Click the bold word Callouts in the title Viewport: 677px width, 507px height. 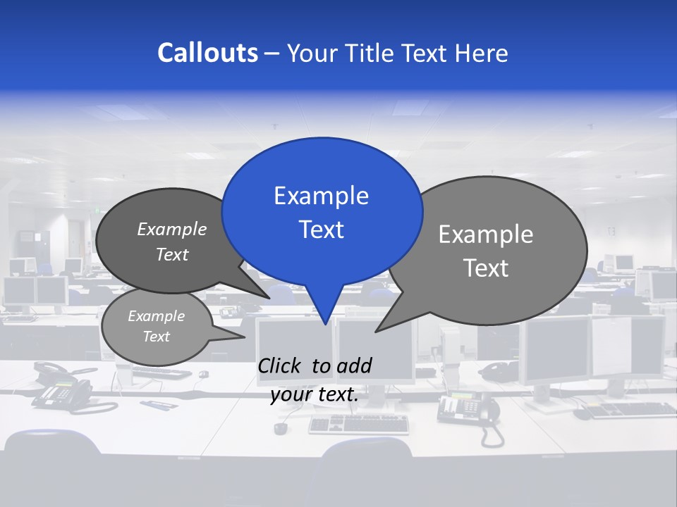pyautogui.click(x=207, y=53)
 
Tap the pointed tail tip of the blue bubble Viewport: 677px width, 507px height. pyautogui.click(x=325, y=324)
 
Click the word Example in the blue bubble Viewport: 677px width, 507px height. pyautogui.click(x=321, y=195)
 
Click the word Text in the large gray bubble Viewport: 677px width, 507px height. pyautogui.click(x=486, y=268)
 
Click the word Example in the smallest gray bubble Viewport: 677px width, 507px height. pyautogui.click(x=156, y=316)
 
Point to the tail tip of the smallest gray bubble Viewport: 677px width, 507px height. pyautogui.click(x=244, y=337)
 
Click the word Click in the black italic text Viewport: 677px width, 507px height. pyautogui.click(x=282, y=365)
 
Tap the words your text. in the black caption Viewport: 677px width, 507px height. pyautogui.click(x=315, y=394)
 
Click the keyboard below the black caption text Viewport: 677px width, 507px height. pyautogui.click(x=358, y=423)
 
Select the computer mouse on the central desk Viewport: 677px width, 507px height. pyautogui.click(x=281, y=427)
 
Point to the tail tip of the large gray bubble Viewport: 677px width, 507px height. pyautogui.click(x=377, y=331)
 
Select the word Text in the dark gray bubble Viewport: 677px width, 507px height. pyautogui.click(x=172, y=254)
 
